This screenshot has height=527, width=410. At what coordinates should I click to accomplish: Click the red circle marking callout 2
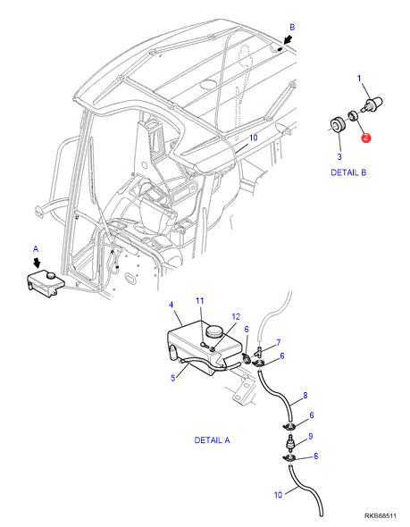tap(365, 138)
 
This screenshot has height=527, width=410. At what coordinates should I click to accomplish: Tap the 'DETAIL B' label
tap(348, 172)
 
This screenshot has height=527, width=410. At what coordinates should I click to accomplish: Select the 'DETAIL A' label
tap(212, 440)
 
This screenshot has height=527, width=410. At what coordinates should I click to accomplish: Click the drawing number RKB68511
tap(381, 515)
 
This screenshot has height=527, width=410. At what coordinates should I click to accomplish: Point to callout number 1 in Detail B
tap(359, 79)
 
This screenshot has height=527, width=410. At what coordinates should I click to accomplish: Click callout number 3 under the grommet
tap(339, 156)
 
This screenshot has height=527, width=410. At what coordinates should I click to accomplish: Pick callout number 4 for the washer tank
tap(172, 305)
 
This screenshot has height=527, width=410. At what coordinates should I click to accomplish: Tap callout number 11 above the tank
tap(200, 300)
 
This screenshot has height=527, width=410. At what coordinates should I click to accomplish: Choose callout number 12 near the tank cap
tap(236, 316)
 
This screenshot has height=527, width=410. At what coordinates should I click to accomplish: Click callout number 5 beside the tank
tap(172, 378)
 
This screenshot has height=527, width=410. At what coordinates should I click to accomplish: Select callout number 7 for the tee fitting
tap(279, 342)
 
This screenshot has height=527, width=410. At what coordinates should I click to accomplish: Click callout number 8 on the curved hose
tap(305, 395)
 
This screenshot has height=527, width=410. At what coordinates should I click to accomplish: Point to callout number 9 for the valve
tap(311, 436)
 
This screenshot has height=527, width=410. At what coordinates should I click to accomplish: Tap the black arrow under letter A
tap(38, 262)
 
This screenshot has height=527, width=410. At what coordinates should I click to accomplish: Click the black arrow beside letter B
tap(288, 40)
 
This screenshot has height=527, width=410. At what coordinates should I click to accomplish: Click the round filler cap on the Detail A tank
tap(215, 331)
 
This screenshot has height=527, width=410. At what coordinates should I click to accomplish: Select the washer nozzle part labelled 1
tap(372, 104)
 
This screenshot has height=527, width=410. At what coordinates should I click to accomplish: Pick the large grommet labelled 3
tap(337, 125)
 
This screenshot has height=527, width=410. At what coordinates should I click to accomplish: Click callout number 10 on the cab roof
tap(254, 138)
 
